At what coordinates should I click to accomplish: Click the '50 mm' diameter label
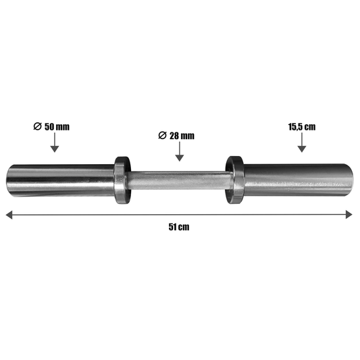pyautogui.click(x=57, y=127)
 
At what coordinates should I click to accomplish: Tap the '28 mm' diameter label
pyautogui.click(x=182, y=136)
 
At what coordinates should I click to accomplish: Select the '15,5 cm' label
pyautogui.click(x=302, y=127)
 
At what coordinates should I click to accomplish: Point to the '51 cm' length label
pyautogui.click(x=179, y=227)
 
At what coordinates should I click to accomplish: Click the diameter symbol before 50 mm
pyautogui.click(x=37, y=126)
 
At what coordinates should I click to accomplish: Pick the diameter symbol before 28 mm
pyautogui.click(x=162, y=136)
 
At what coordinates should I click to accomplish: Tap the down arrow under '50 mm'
pyautogui.click(x=55, y=143)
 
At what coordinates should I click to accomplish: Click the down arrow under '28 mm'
pyautogui.click(x=180, y=151)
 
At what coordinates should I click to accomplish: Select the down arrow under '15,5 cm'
pyautogui.click(x=302, y=143)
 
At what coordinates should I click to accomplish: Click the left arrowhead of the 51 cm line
pyautogui.click(x=9, y=215)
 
